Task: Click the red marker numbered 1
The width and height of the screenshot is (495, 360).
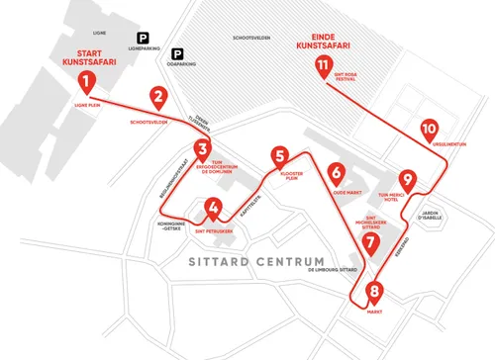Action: click(87, 81)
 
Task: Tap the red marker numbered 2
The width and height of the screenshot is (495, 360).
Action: click(157, 97)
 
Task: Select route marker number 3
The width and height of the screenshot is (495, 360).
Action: click(202, 151)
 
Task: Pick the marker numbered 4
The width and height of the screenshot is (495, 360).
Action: click(212, 208)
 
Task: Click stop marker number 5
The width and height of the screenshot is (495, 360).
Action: click(282, 156)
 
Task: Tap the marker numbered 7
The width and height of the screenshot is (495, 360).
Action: click(370, 241)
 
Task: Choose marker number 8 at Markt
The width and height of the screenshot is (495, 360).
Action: click(374, 292)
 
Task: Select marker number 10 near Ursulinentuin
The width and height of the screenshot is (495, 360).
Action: click(429, 130)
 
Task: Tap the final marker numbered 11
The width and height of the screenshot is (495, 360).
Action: click(323, 66)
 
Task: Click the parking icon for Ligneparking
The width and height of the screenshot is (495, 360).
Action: click(129, 38)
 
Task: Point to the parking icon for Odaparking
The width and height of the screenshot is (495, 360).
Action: click(179, 54)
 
